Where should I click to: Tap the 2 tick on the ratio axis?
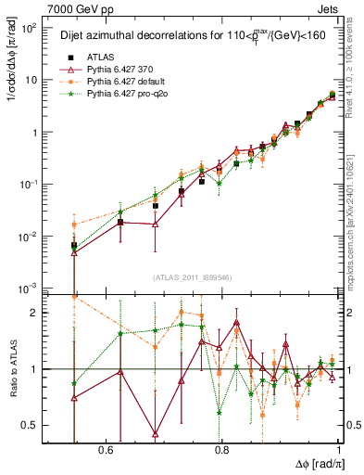click(x=35, y=313)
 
